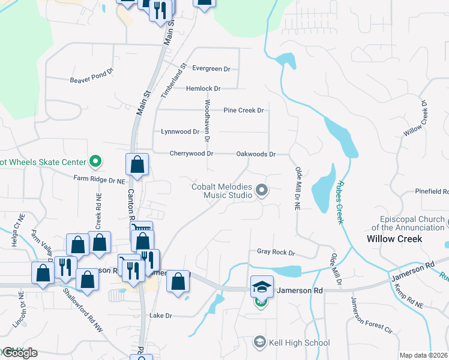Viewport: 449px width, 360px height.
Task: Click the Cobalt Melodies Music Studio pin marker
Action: [261, 191]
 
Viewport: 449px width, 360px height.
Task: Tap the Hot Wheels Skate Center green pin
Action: [95, 161]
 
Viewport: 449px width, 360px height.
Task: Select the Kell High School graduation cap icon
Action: [259, 343]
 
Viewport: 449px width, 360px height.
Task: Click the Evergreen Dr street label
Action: [211, 69]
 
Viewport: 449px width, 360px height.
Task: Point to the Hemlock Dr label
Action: [203, 88]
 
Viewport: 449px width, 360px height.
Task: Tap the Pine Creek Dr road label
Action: [244, 110]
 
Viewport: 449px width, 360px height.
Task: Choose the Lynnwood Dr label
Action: [180, 131]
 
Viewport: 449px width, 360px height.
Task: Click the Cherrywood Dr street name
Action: [191, 154]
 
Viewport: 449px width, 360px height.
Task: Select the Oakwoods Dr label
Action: [256, 154]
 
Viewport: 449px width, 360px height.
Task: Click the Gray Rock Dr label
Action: [276, 253]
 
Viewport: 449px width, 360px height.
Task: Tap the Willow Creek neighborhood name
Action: [394, 239]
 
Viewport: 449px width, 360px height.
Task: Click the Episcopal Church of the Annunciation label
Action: [408, 223]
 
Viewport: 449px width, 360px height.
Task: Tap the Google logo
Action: [20, 353]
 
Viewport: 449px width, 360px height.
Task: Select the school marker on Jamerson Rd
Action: [262, 286]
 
